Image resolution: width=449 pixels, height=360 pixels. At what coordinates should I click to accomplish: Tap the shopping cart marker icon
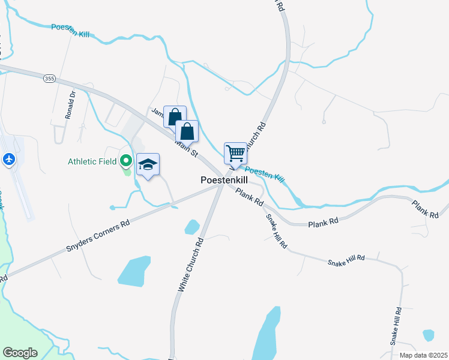pos(235,152)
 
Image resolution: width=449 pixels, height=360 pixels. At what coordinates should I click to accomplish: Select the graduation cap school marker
pos(148,164)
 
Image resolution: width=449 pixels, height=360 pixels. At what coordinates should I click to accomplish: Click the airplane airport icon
pos(9,160)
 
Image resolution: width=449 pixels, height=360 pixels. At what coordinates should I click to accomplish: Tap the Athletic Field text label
pos(92,161)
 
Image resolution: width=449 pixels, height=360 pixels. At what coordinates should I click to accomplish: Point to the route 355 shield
pos(49,78)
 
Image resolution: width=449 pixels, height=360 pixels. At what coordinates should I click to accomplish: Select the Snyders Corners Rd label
pos(100,233)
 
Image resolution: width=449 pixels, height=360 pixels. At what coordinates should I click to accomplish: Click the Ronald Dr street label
pos(70,104)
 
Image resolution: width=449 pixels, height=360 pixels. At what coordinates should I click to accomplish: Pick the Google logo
pos(20,353)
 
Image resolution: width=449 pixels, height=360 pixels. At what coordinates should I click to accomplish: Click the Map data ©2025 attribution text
pos(423,355)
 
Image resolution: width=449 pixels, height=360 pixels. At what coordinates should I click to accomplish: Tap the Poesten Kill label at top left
pos(70,31)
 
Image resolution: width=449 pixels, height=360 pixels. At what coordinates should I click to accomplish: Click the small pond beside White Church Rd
pos(191,227)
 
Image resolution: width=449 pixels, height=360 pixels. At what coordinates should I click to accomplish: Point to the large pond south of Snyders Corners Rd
pos(134,270)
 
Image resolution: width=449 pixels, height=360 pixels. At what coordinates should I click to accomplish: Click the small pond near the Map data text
pos(428,335)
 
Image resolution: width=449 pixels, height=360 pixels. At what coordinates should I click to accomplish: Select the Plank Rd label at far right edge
pos(426,209)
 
